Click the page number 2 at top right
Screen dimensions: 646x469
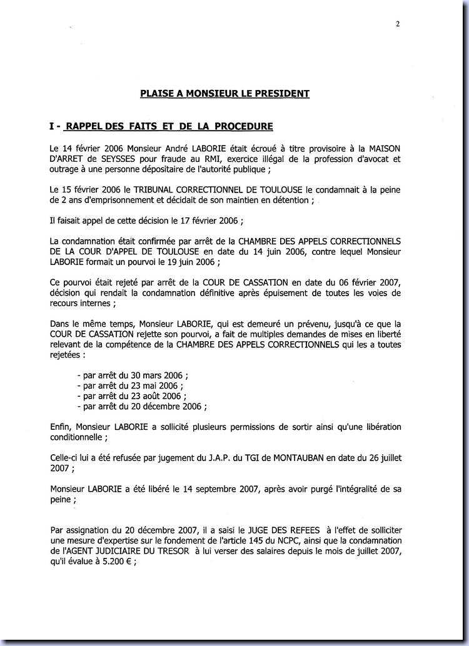(398, 25)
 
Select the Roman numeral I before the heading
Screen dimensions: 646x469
(52, 127)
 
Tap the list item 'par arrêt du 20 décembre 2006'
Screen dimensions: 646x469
(141, 405)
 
